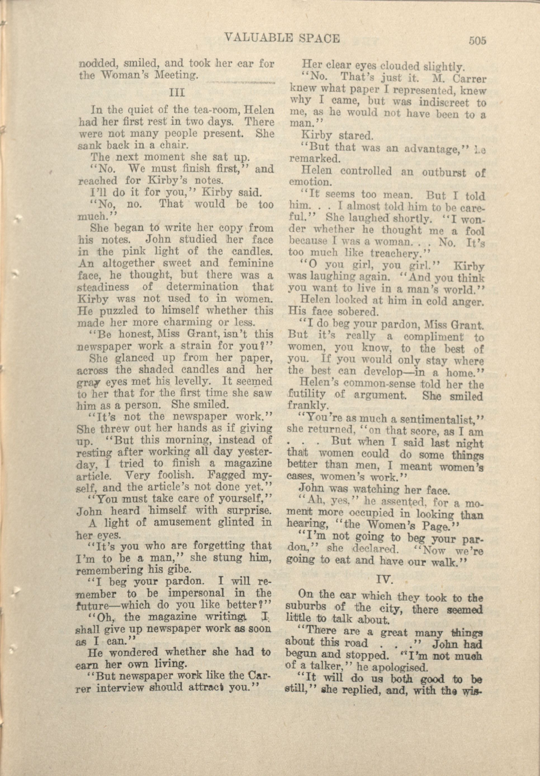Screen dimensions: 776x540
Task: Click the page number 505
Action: tap(477, 41)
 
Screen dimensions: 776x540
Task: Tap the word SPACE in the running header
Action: tap(320, 39)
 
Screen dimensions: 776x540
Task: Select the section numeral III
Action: tap(177, 92)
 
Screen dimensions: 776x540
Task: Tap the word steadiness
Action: tap(103, 287)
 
